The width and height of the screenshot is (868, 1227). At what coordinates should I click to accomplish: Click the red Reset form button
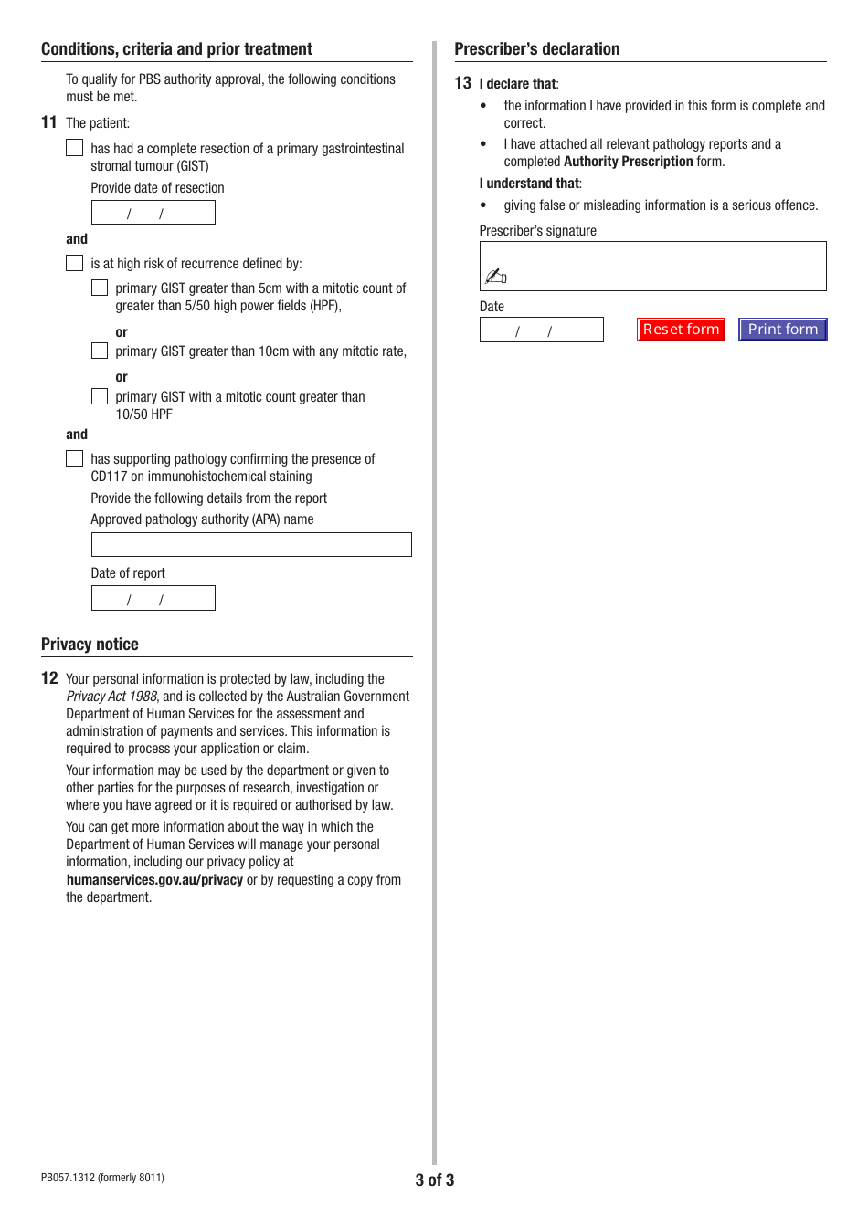coord(681,330)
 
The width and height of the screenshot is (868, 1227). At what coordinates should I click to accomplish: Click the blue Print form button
coord(782,330)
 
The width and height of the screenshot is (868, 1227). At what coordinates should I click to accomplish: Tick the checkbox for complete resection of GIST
coord(75,148)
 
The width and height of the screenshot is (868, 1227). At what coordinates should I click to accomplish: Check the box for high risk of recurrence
coord(75,263)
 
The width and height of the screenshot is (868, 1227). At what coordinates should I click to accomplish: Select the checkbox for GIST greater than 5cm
coord(100,288)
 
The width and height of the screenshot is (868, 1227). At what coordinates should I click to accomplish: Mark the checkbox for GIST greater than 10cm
coord(100,351)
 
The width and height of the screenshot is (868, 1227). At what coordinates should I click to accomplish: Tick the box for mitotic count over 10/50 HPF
coord(100,396)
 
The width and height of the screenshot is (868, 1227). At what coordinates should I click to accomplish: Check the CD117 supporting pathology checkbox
coord(75,458)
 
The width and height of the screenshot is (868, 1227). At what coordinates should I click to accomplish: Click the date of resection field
coord(153,213)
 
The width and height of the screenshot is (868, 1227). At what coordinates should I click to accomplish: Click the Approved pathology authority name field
coord(251,545)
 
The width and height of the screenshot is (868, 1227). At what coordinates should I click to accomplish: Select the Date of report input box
coord(153,598)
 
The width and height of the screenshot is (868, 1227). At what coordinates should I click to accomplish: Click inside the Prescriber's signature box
coord(652,266)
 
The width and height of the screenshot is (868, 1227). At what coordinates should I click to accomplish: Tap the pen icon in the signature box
coord(495,276)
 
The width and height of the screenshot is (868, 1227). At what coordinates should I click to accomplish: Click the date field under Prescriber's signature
coord(541,330)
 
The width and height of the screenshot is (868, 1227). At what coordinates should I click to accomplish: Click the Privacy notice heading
coord(90,645)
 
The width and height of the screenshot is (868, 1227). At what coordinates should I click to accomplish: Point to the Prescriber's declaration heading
coord(536,49)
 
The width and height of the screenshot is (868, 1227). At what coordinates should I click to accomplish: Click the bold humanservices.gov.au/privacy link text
coord(154,880)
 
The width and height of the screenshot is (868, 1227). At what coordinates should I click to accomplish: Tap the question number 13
coord(463,83)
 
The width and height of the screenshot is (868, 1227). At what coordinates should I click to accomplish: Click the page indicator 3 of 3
coord(434,1180)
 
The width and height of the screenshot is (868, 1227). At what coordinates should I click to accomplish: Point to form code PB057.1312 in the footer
coord(102,1178)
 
